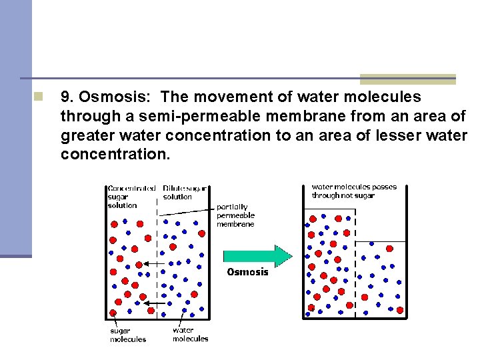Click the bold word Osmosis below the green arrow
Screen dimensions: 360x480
click(247, 272)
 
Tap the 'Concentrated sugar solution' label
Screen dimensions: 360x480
click(131, 197)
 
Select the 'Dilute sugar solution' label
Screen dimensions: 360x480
click(185, 193)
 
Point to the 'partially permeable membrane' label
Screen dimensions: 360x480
click(235, 215)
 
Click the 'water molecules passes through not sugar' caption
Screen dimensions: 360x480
click(354, 191)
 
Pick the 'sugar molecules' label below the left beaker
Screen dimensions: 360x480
click(127, 335)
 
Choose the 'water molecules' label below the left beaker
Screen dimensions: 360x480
click(190, 334)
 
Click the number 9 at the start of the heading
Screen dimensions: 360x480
click(65, 97)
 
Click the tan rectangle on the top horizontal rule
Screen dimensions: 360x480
click(407, 79)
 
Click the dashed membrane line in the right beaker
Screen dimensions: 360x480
click(355, 267)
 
